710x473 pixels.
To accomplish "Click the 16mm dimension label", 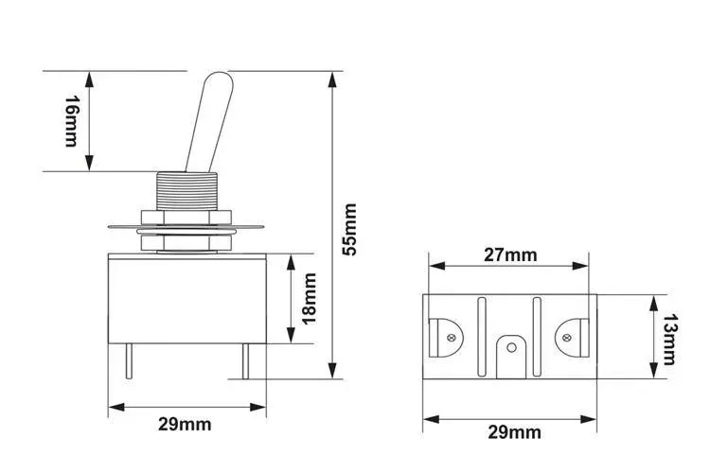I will click(x=70, y=120).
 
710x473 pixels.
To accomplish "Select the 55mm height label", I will click(x=349, y=228).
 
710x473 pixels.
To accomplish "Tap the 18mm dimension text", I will click(x=309, y=296).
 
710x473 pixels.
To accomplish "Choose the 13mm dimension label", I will click(x=669, y=339).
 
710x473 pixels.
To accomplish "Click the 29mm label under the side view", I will click(x=186, y=425).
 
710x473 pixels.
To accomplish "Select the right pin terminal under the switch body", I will click(x=245, y=362).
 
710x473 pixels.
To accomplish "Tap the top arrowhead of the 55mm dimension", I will click(x=332, y=78).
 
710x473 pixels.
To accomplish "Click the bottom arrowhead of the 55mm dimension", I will click(x=332, y=374).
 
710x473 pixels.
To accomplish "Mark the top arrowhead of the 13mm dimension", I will click(x=652, y=300).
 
